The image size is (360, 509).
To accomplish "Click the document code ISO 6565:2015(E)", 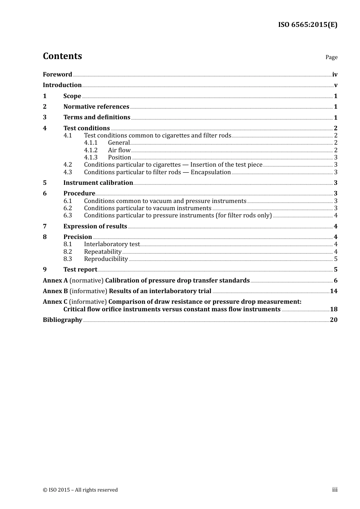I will pos(307,25).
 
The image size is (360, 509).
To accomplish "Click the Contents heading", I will pos(62,56).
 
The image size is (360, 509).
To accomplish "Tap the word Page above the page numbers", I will pos(331,57).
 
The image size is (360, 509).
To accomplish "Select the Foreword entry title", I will pos(57,74).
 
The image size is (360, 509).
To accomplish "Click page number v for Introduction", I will pos(335,85).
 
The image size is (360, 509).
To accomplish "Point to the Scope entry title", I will pos(72,96).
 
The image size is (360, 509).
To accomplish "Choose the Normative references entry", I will pos(96,106).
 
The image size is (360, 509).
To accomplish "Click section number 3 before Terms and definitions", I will pos(45,117).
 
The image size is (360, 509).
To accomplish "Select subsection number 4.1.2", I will pos(91,150).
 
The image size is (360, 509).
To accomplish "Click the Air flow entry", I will pos(119,150).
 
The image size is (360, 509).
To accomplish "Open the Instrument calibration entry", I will pos(98,183).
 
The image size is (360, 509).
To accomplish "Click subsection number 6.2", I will pos(67,208).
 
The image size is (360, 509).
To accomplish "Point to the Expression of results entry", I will pos(95,226).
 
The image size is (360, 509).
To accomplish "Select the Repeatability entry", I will pos(103,251).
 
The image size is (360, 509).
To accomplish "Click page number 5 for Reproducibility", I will pos(335,259).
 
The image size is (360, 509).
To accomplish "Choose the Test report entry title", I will pos(80,269).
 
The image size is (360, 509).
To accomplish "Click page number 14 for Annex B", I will pos(333,291).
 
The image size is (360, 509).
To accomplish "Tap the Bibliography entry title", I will pos(63,320).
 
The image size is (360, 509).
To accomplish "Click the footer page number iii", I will pos(335,490).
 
